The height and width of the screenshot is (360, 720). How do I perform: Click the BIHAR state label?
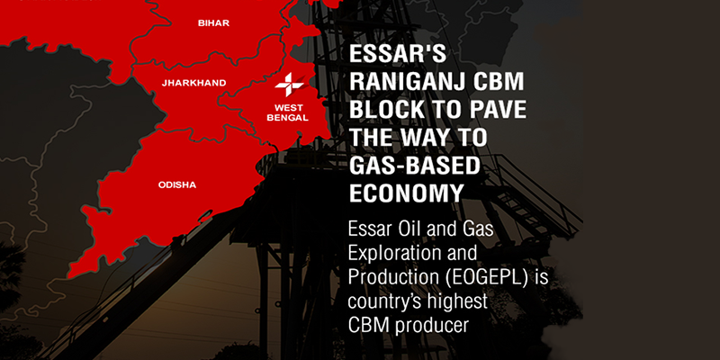(x=213, y=23)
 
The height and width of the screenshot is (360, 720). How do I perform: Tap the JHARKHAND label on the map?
(x=193, y=83)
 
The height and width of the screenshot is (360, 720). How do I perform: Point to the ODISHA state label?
(x=177, y=185)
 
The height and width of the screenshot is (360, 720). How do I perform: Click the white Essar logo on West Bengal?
(x=289, y=85)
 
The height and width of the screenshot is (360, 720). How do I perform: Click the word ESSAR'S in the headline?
(x=397, y=55)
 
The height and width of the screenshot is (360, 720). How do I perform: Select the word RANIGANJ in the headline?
(x=410, y=83)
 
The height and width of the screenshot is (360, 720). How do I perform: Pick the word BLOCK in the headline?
(x=387, y=111)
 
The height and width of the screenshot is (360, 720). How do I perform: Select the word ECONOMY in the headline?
(x=406, y=194)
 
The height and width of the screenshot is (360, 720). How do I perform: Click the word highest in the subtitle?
(x=457, y=302)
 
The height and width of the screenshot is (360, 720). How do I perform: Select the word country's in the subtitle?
(x=385, y=302)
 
